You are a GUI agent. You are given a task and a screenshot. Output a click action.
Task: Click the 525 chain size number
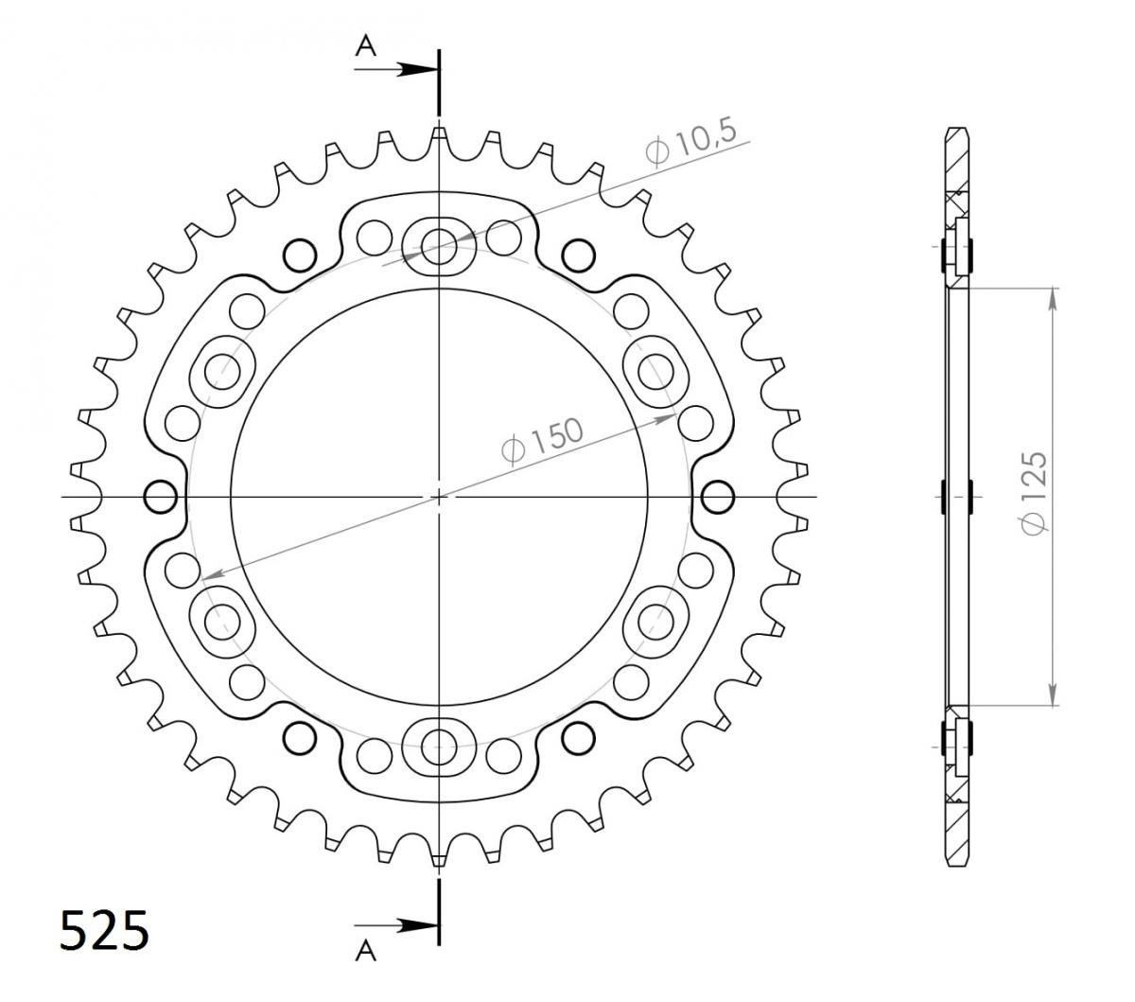coord(105,930)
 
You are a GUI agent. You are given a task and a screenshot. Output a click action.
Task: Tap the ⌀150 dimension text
coord(542,443)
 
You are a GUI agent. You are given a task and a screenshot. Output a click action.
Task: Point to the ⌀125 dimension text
coord(1034,493)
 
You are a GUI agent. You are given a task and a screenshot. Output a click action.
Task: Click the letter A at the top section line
coord(366,46)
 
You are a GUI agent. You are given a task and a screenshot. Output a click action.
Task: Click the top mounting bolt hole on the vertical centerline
coord(439,247)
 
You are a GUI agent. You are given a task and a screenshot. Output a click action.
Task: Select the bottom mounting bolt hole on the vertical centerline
coord(439,747)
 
